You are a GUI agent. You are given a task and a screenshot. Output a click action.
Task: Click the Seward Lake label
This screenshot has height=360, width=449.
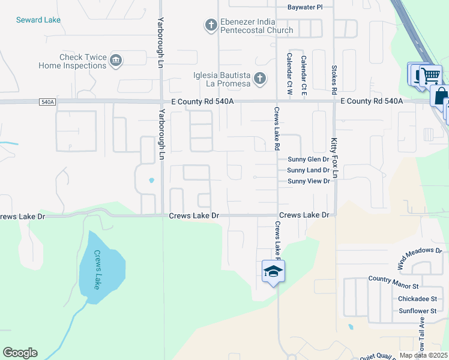(x=38, y=20)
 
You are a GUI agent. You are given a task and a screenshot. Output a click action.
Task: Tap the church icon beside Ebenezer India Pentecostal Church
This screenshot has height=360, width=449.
(x=211, y=25)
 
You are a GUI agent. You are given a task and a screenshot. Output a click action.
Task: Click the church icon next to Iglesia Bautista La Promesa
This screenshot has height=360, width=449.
(x=260, y=77)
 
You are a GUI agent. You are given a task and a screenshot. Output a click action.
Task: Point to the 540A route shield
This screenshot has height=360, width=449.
(x=48, y=103)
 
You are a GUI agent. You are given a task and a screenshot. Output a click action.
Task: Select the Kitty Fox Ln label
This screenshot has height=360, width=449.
(x=336, y=158)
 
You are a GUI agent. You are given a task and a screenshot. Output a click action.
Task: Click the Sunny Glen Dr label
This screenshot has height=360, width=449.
(x=309, y=160)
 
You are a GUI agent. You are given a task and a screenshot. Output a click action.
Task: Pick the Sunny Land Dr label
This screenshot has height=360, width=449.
(x=309, y=170)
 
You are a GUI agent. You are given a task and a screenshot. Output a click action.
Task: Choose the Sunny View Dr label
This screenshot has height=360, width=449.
(x=309, y=181)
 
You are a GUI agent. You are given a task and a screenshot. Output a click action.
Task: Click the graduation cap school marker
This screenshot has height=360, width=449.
(x=273, y=271)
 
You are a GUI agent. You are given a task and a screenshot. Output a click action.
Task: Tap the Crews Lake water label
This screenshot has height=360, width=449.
(x=97, y=269)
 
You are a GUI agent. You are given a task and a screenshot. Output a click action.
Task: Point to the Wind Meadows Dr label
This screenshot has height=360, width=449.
(x=419, y=257)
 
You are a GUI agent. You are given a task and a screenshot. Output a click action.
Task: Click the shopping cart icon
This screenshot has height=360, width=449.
(x=430, y=76)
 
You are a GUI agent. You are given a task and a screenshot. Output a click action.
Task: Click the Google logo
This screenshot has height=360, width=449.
(x=20, y=353)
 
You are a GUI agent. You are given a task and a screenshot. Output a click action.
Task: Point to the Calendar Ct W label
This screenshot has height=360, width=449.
(x=289, y=74)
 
